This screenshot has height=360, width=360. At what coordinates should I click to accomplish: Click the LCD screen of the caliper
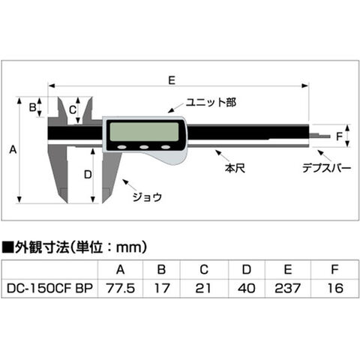(144, 132)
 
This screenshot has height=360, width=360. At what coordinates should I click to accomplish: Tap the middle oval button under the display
(144, 147)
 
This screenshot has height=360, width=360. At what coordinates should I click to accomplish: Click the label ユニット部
(211, 102)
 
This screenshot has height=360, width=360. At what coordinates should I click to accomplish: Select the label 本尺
(235, 168)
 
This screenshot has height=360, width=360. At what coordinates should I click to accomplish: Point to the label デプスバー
(326, 168)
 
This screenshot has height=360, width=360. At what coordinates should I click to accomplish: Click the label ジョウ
(147, 197)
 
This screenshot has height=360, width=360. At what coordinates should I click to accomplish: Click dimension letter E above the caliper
(172, 80)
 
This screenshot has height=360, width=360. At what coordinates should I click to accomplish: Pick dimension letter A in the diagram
(13, 150)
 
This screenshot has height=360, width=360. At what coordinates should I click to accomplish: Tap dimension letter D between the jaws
(88, 175)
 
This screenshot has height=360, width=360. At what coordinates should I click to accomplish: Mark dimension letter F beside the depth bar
(339, 136)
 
